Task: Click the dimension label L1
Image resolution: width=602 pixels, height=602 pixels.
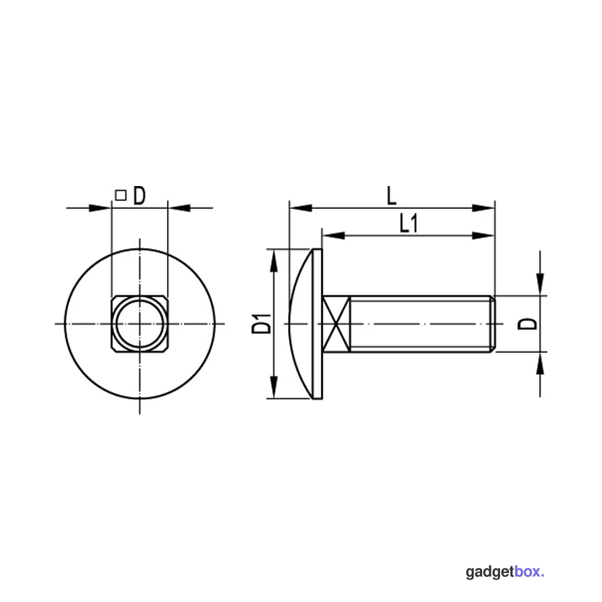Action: click(x=408, y=223)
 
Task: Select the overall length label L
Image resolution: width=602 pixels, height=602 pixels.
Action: click(x=391, y=195)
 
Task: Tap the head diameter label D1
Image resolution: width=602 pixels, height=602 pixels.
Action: click(x=262, y=323)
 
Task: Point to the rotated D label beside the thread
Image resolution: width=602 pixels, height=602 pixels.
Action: click(x=528, y=324)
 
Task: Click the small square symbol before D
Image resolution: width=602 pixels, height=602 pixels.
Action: click(x=121, y=195)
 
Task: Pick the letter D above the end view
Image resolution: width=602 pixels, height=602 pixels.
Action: click(x=140, y=196)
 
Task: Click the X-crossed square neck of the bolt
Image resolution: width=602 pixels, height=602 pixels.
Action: click(x=337, y=324)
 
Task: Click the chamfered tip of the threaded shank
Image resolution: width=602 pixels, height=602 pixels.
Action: click(x=493, y=324)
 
